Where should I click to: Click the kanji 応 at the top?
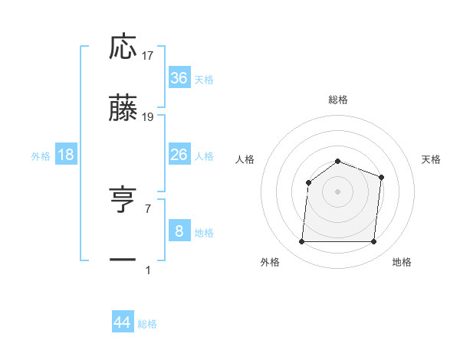pos(123,47)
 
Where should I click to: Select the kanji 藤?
pos(123,109)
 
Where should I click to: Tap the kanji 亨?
pos(123,201)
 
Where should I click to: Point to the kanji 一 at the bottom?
pos(123,260)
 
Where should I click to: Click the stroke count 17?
pos(148,56)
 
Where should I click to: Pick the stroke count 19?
pos(148,117)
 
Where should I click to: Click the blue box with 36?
pos(179,78)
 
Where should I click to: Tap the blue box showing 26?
pos(179,155)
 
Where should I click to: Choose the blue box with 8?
pos(179,231)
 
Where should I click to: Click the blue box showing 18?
pos(66,155)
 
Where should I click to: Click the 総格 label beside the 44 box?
pos(148,325)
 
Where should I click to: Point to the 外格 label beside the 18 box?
pos(41,156)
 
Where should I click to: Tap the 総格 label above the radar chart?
pos(337,100)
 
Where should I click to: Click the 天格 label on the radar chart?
pos(432,159)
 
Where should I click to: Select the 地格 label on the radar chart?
pos(402,262)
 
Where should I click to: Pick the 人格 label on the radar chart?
pos(245,159)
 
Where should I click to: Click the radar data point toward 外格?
pos(301,242)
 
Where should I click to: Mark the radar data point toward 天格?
pos(381,177)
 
